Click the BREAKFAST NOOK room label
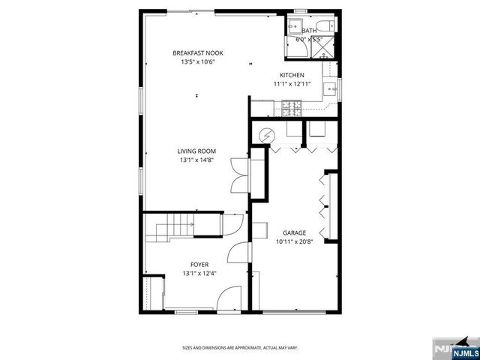pyautogui.click(x=198, y=52)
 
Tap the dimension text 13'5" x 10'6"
pyautogui.click(x=198, y=61)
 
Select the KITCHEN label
pyautogui.click(x=292, y=75)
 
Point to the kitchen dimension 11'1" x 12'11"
pyautogui.click(x=292, y=84)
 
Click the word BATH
pyautogui.click(x=309, y=31)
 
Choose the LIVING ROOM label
pyautogui.click(x=197, y=151)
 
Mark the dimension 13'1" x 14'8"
pyautogui.click(x=197, y=160)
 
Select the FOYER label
pyautogui.click(x=199, y=265)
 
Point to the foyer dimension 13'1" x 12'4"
pyautogui.click(x=199, y=274)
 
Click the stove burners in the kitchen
pyautogui.click(x=291, y=109)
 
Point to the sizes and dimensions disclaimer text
pyautogui.click(x=240, y=348)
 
